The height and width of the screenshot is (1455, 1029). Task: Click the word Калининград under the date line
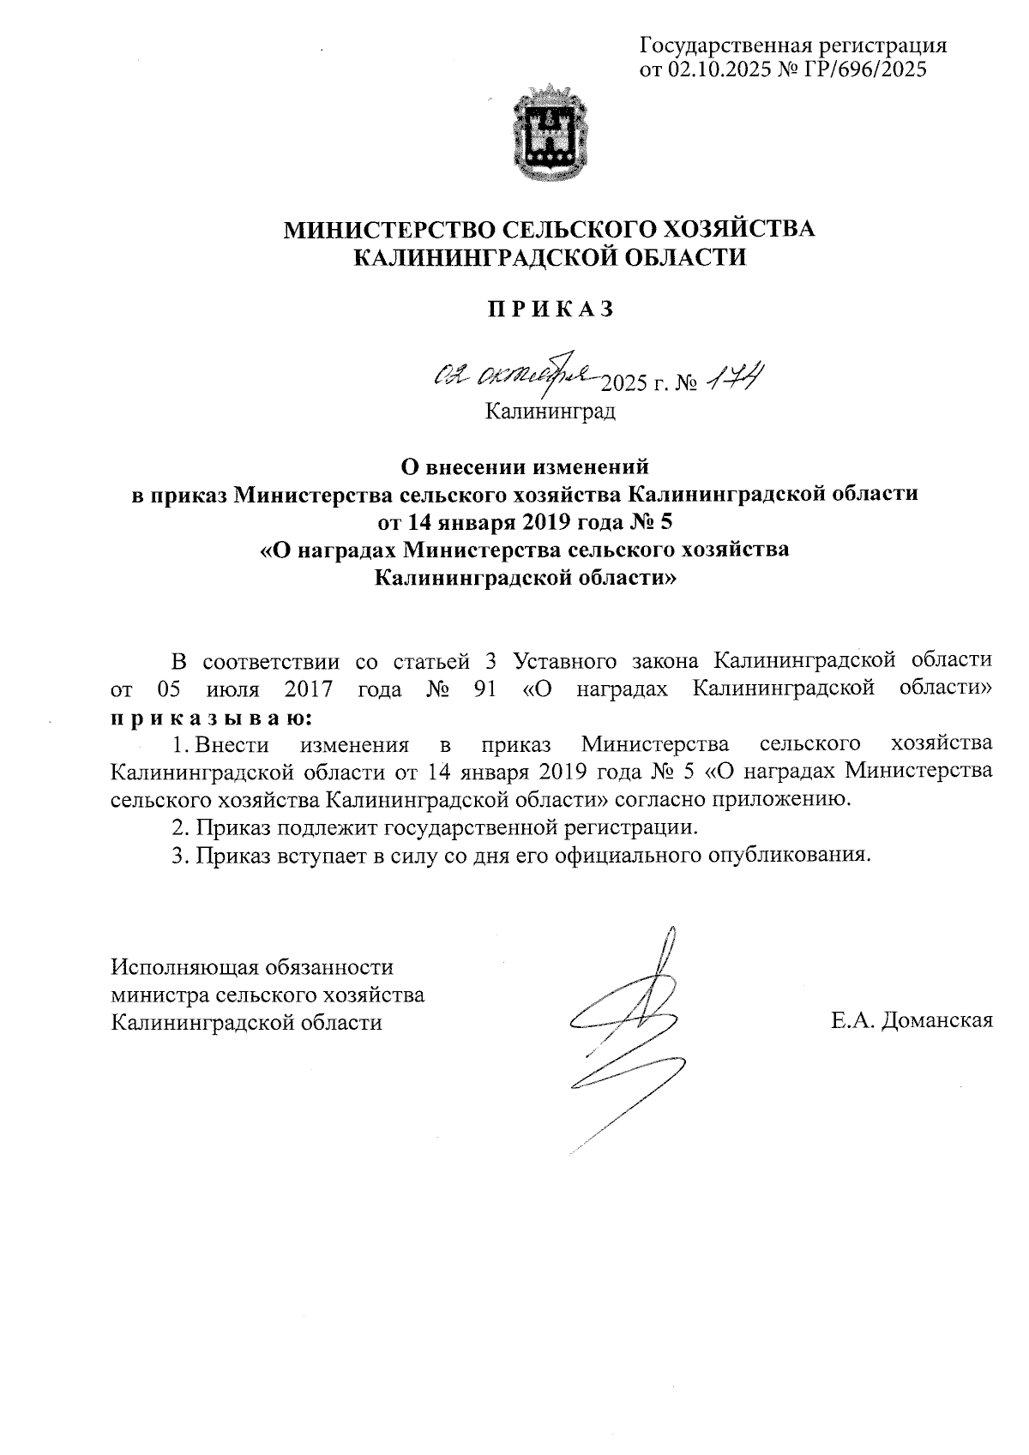pyautogui.click(x=551, y=412)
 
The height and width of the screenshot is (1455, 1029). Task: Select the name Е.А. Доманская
pyautogui.click(x=911, y=1020)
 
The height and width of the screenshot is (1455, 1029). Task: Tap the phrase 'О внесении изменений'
pyautogui.click(x=527, y=467)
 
